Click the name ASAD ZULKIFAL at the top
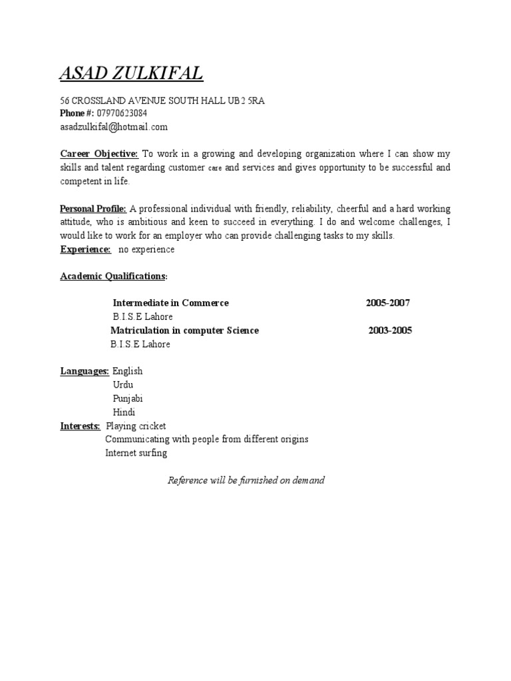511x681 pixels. click(x=131, y=74)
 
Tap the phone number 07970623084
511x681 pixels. click(x=122, y=113)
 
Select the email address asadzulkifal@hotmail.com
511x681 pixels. click(x=114, y=126)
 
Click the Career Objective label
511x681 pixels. click(x=98, y=154)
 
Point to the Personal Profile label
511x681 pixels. click(x=93, y=209)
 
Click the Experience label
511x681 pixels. click(x=85, y=249)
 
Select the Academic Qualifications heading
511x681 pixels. click(x=113, y=276)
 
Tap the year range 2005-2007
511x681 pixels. click(x=388, y=303)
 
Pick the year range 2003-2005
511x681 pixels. click(x=390, y=331)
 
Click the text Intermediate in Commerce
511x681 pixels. click(x=170, y=303)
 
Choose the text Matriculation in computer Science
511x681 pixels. click(x=184, y=331)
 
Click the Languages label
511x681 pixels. click(x=85, y=371)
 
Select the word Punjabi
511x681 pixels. click(x=128, y=398)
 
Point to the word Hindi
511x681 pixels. click(x=124, y=412)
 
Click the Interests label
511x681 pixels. click(x=81, y=426)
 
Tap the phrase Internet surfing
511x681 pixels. click(x=136, y=453)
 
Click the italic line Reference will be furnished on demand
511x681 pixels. click(x=246, y=480)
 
